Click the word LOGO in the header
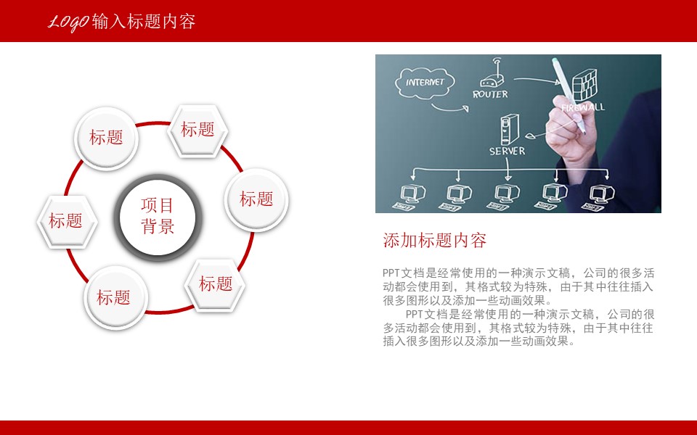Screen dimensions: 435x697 pos(69,22)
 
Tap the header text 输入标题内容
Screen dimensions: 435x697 pos(144,22)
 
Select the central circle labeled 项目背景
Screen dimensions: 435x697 pos(158,216)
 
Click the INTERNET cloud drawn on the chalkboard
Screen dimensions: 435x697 pos(425,82)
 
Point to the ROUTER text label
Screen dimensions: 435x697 pos(491,94)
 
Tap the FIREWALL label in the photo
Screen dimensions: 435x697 pos(582,107)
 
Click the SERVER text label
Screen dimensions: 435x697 pos(507,152)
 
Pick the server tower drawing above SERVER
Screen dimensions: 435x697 pos(506,129)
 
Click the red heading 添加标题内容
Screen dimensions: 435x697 pos(434,240)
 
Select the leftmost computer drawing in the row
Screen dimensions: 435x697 pos(412,194)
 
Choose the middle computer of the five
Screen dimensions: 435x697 pos(506,194)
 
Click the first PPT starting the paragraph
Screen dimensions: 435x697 pos(391,273)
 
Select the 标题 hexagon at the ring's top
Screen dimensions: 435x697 pos(197,130)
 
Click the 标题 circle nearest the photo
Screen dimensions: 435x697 pos(256,199)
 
